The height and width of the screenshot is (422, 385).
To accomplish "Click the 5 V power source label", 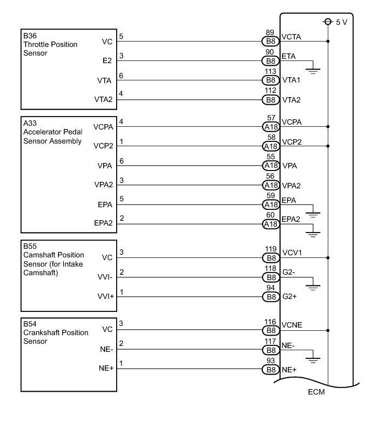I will point(341,22).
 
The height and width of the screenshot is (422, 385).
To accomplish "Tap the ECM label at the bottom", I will point(317,391).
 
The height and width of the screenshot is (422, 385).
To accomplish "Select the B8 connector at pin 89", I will point(270,41).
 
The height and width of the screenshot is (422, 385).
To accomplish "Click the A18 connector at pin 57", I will point(270,127).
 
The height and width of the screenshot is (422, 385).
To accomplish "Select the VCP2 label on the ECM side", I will point(292,141).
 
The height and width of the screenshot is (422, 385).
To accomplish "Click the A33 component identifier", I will point(29,123).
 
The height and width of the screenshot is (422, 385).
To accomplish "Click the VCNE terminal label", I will point(292,325).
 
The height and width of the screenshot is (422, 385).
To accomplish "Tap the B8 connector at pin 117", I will point(270,350).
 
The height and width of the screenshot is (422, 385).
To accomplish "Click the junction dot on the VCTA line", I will point(328,41).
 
